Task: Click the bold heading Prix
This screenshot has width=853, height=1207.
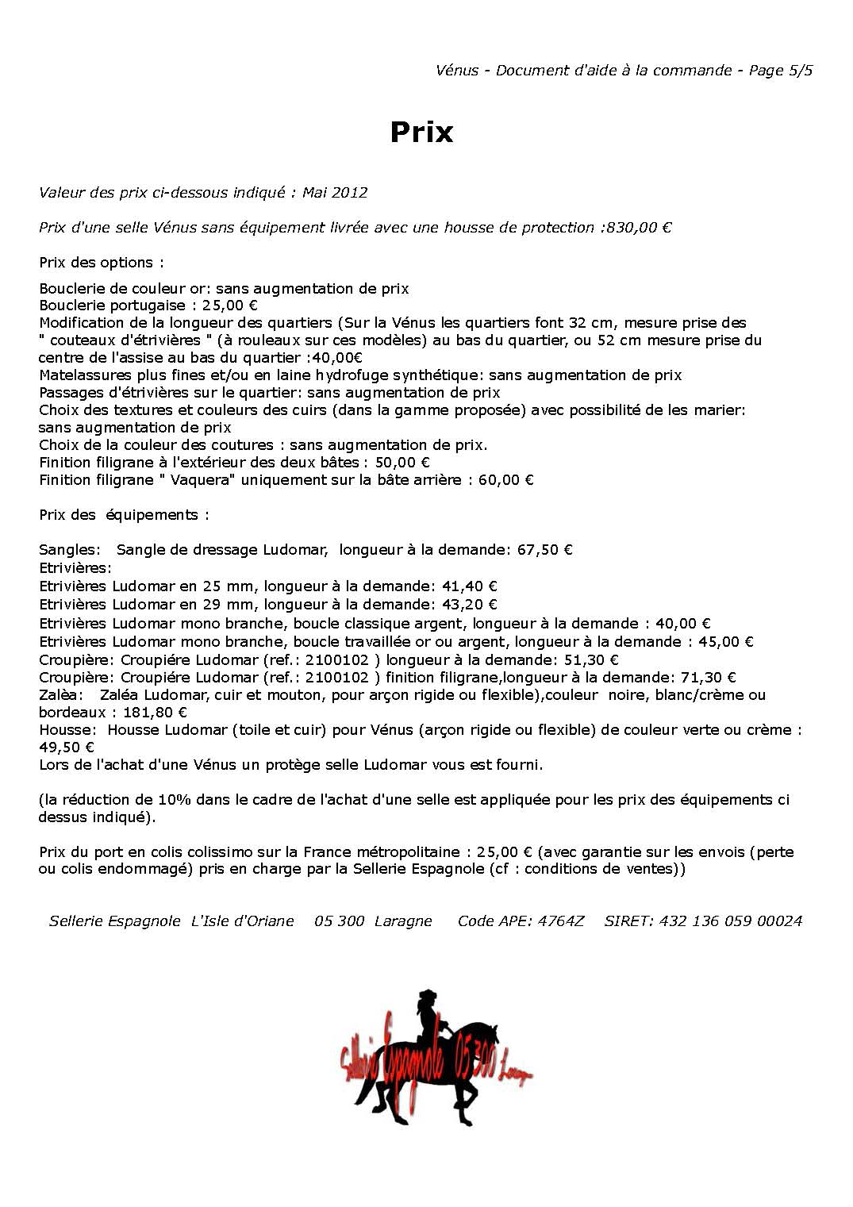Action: point(421,132)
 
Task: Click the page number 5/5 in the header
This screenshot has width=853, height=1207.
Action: point(800,70)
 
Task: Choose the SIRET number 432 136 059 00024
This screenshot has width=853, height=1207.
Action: point(730,921)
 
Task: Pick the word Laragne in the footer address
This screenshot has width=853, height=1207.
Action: point(403,921)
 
